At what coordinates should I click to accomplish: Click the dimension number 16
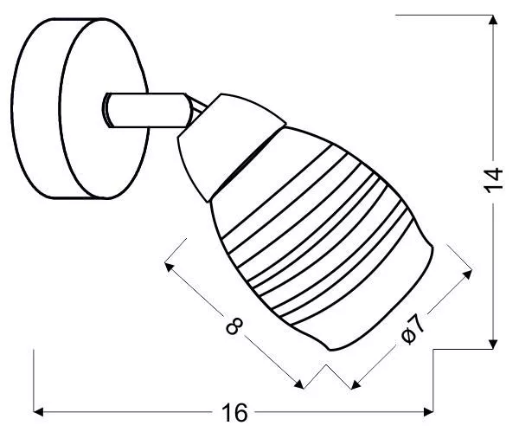coord(234,412)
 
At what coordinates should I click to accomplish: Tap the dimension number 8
coord(234,326)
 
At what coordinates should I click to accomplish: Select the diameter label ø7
coord(413,329)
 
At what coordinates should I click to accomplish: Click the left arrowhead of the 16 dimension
coord(38,412)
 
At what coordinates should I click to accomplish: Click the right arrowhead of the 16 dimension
coord(429,412)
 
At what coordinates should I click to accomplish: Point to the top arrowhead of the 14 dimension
coord(493,20)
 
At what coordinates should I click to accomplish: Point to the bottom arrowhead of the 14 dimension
coord(493,345)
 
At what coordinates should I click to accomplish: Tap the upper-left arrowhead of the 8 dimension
coord(169,267)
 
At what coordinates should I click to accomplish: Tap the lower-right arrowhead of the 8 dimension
coord(299,384)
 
